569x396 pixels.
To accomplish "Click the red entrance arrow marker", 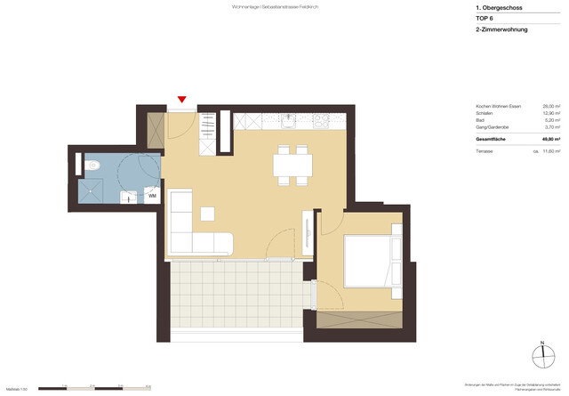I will (x=182, y=101).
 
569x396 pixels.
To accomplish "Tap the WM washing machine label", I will (x=152, y=195).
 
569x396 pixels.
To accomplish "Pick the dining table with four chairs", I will (x=293, y=166).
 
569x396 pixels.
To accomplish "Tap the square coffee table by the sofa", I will (x=207, y=214).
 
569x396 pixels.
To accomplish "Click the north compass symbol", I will (x=542, y=355).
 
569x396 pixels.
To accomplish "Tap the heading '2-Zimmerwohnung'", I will (x=502, y=29).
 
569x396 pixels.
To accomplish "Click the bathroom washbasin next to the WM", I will (x=130, y=196).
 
